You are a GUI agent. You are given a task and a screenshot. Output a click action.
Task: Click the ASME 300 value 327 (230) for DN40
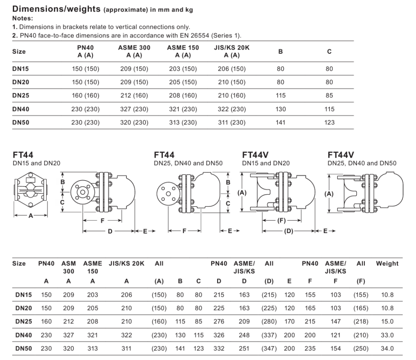pos(134,109)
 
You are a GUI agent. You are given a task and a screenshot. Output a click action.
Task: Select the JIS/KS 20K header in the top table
pos(232,47)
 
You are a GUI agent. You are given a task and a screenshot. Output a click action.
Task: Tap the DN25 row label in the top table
pos(21,96)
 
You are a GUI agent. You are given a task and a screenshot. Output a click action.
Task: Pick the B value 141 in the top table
pos(280,123)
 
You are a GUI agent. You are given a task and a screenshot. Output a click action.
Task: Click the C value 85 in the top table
pos(329,96)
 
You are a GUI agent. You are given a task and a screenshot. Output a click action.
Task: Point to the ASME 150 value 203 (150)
pos(183,69)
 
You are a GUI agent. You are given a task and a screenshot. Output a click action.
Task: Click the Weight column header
pos(387,263)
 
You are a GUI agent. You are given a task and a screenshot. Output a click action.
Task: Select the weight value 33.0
pos(387,335)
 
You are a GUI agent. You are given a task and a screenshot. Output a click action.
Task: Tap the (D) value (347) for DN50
pos(269,349)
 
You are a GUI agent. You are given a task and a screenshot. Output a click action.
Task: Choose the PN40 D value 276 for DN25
pos(219,322)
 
